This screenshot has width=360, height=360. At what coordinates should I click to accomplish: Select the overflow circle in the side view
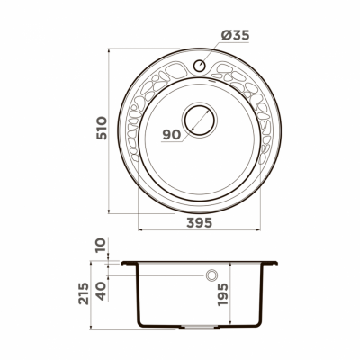click(211, 273)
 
